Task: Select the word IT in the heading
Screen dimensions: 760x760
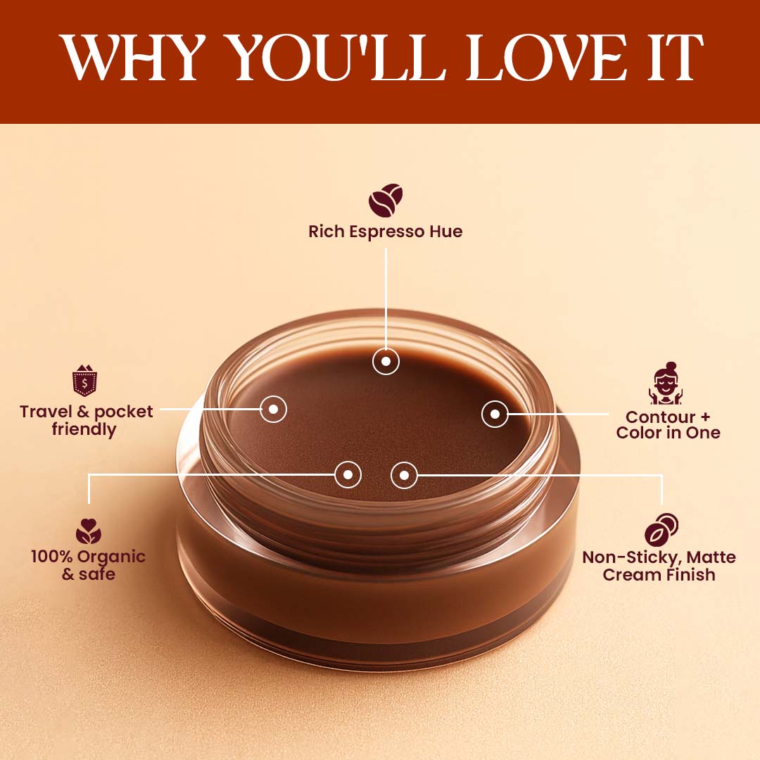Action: (675, 57)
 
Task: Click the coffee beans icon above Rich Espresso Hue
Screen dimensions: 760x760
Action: (386, 200)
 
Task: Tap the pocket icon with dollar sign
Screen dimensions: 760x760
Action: (85, 381)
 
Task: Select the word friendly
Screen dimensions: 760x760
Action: (84, 429)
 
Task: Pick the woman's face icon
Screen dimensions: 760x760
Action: (666, 383)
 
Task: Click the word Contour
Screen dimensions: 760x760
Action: (660, 417)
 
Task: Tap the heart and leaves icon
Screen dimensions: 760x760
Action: (88, 531)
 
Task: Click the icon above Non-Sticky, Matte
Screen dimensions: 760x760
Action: (661, 530)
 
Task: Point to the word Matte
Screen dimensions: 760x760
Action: (711, 557)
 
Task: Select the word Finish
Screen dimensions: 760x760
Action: (690, 575)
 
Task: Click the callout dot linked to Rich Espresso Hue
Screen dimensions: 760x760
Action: (386, 361)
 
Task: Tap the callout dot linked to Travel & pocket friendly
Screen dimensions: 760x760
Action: (273, 409)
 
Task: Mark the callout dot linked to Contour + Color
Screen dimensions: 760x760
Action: (495, 414)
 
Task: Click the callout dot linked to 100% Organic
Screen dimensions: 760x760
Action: (348, 474)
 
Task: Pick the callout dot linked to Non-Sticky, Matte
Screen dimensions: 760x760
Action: (404, 476)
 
